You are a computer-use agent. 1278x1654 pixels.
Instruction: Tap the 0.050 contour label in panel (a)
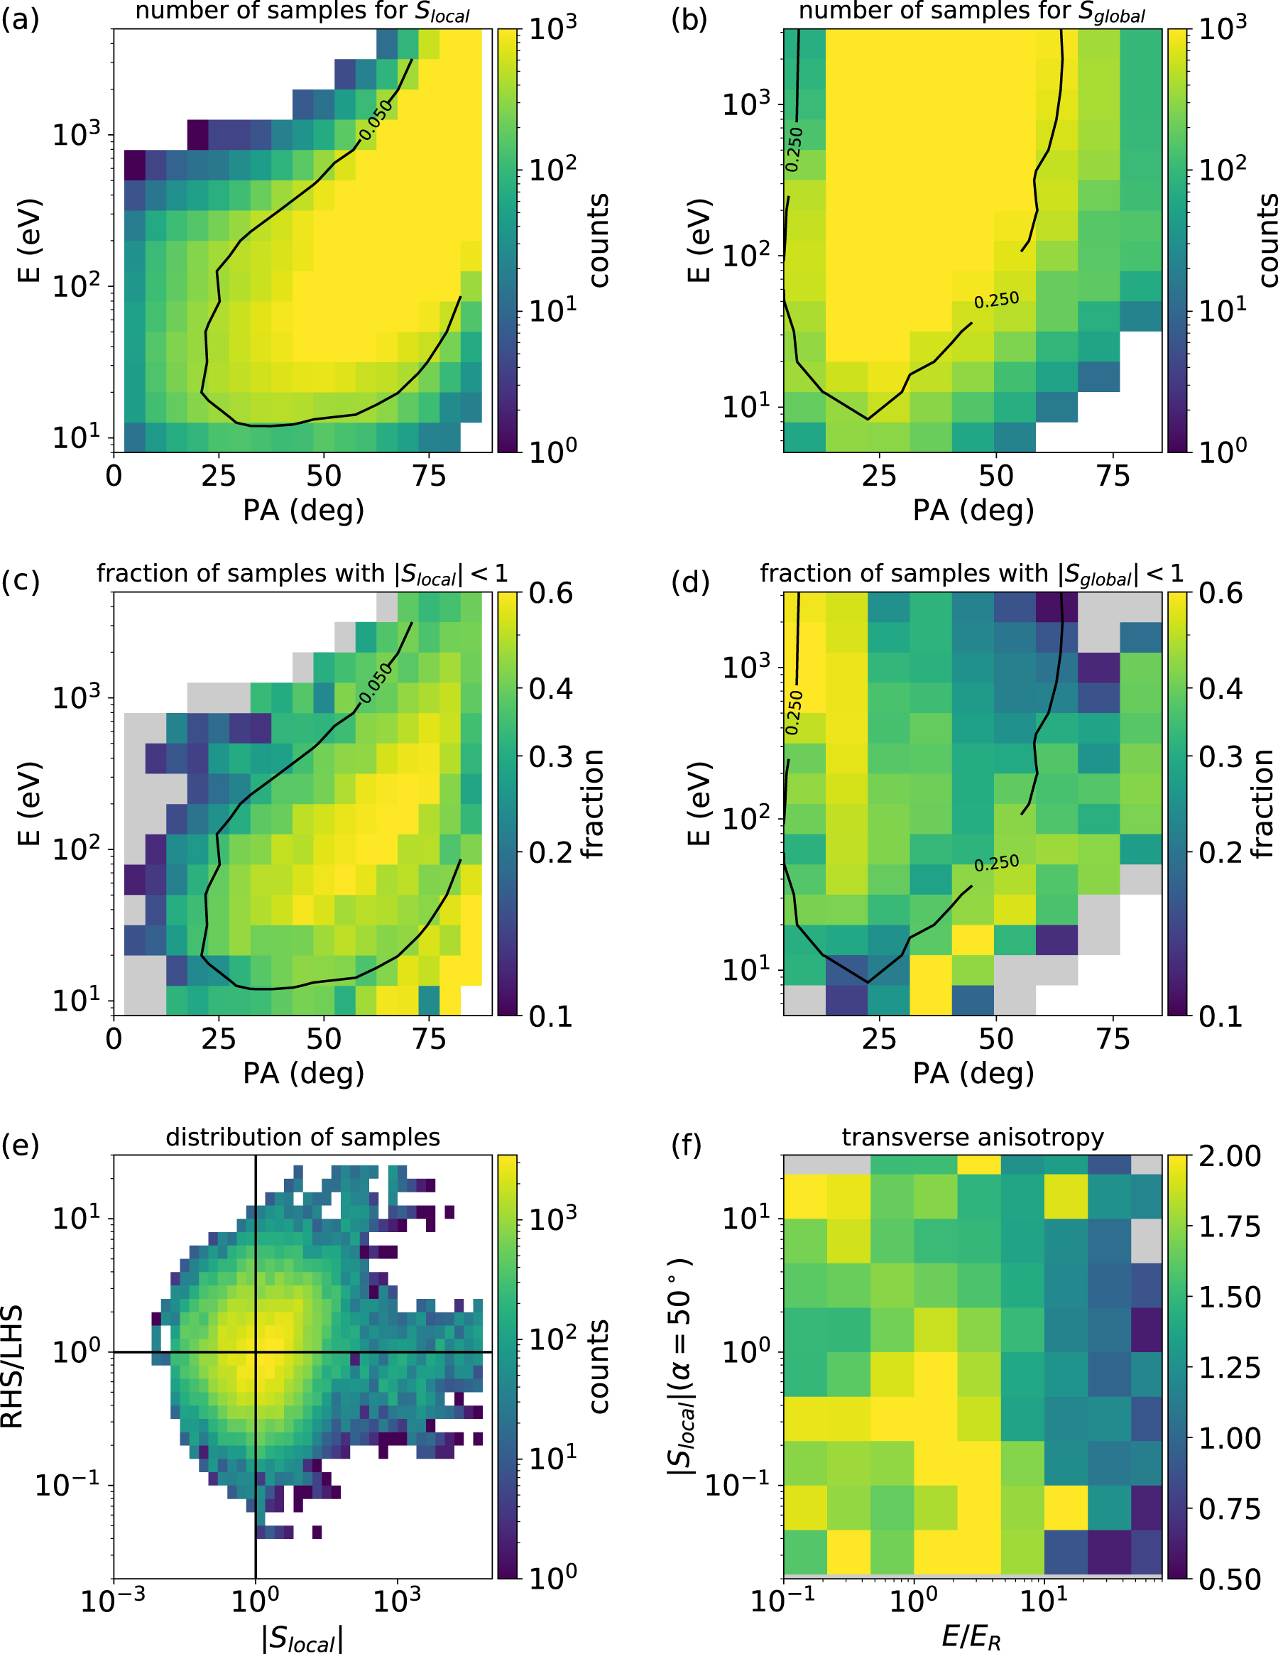(x=376, y=119)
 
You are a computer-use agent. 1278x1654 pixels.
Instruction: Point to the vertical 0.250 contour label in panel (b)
(x=794, y=149)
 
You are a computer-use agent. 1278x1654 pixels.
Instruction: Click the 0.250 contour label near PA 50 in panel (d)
(x=996, y=864)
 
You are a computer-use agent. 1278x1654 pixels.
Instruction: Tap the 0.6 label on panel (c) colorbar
(x=550, y=593)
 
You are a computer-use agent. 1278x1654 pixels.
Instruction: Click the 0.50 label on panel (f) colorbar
(x=1230, y=1579)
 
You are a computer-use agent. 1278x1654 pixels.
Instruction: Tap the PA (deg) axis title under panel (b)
(x=973, y=510)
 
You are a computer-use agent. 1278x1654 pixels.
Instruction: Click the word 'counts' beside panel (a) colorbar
(x=598, y=240)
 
